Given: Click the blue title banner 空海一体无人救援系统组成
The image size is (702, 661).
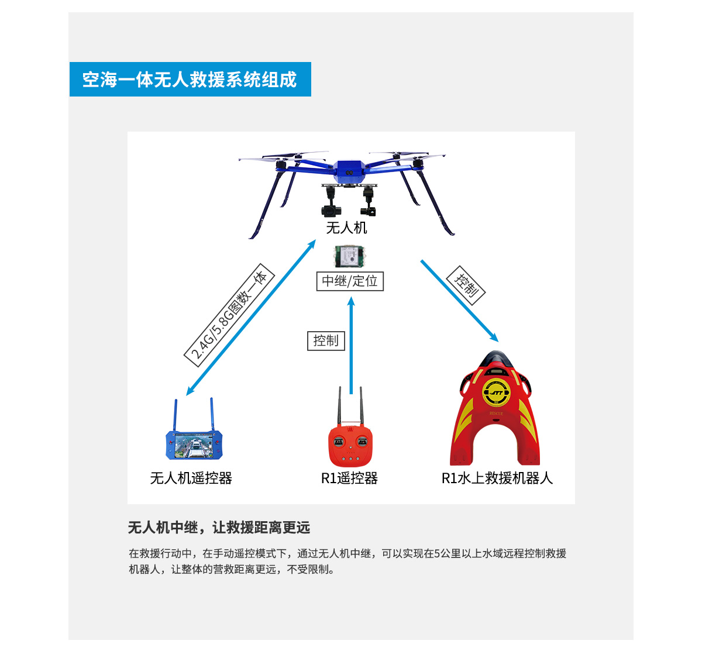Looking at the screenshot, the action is click(190, 79).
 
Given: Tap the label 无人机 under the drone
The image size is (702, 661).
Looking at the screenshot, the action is click(346, 228).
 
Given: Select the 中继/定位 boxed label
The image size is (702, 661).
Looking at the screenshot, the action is click(350, 281).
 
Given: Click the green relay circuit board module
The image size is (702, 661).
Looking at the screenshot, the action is click(349, 256).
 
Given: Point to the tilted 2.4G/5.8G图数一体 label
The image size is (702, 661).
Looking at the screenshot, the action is click(229, 315).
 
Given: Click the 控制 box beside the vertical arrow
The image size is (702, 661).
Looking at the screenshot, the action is click(326, 341).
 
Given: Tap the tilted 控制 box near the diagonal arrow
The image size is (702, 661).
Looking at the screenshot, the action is click(466, 285).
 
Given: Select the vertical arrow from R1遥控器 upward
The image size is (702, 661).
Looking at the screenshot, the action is click(351, 345).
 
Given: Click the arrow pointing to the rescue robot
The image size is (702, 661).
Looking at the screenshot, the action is click(459, 301).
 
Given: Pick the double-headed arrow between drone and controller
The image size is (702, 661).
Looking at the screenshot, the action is click(251, 317).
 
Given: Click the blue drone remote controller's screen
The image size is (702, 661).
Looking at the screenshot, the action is click(194, 446).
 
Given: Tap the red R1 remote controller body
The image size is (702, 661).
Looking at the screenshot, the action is click(350, 446).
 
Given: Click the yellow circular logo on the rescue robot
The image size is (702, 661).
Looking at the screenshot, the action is click(496, 393).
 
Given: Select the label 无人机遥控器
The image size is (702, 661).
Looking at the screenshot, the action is click(191, 478).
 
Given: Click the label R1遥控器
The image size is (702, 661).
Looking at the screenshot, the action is click(349, 478).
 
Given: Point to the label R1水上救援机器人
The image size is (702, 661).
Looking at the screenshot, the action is click(497, 478).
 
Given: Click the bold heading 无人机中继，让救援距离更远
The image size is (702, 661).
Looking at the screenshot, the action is click(219, 528).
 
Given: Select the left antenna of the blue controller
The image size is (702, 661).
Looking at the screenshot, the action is click(175, 415).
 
